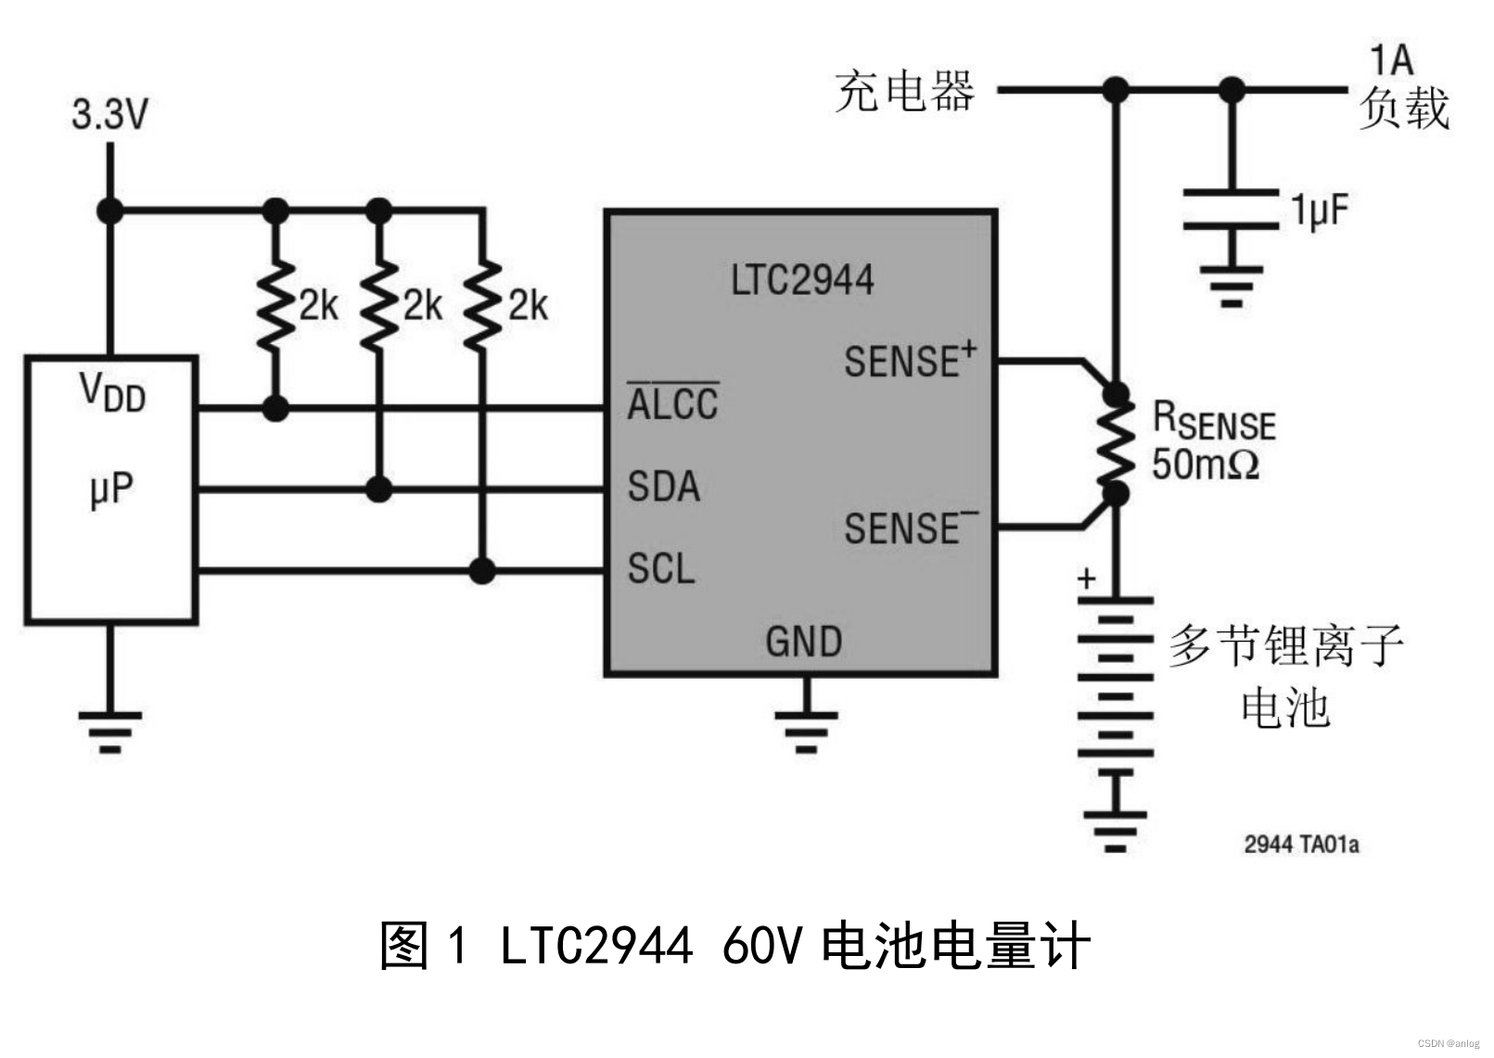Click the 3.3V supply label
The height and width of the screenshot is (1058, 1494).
click(109, 115)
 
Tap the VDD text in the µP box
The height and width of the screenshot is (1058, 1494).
click(112, 391)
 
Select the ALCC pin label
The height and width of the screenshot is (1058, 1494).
click(672, 404)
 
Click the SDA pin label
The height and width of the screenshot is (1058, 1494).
click(663, 487)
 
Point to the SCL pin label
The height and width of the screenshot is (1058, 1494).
click(660, 568)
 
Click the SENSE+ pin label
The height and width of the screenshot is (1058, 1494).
click(909, 360)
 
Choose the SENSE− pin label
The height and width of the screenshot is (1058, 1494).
click(910, 528)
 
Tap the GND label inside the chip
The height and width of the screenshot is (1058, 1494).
click(803, 642)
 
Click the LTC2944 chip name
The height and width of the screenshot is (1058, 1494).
click(801, 280)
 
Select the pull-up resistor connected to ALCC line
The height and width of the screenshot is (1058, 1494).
click(275, 306)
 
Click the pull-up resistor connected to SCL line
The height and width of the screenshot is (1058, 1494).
click(482, 306)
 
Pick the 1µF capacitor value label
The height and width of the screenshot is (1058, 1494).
click(1320, 211)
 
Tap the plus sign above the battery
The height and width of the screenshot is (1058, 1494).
click(1087, 579)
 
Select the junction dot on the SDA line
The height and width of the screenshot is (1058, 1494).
click(378, 489)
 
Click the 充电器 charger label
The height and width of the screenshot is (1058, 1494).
click(904, 91)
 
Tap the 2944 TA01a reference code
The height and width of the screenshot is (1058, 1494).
click(1300, 844)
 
